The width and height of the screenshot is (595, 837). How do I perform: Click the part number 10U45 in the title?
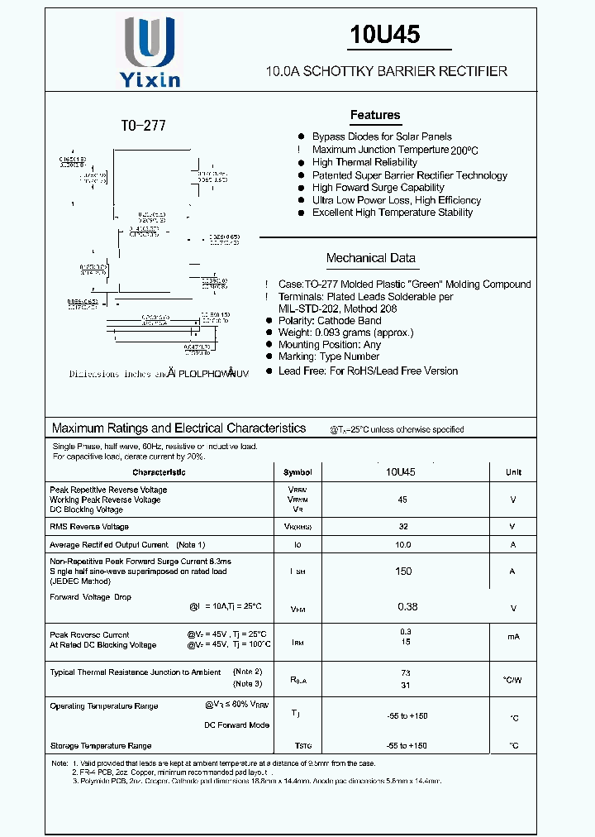coord(384,35)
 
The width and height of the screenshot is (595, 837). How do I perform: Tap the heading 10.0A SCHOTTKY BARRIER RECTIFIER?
coord(386,72)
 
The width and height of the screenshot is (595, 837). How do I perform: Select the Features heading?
coord(374,115)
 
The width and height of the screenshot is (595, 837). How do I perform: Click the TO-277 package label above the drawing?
coord(144,126)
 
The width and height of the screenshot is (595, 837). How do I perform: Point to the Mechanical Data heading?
coord(370,258)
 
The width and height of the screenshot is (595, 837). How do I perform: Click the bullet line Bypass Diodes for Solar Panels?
coord(381,136)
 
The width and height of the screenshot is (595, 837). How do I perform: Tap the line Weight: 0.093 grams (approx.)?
coord(357,332)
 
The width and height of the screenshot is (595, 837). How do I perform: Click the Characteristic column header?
coord(159,472)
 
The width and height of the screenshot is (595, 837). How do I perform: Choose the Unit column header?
coord(513,472)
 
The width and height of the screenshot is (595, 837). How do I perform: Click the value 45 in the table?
coord(402,500)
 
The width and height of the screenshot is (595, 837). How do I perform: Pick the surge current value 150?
coord(402,572)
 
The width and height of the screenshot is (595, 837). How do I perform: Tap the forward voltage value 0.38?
coord(407,607)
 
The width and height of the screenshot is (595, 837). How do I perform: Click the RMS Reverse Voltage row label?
coord(89,527)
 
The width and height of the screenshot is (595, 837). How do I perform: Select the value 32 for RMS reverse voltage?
coord(402,527)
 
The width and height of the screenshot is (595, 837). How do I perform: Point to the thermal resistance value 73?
coord(406,674)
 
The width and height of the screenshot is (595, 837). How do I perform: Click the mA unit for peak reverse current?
coord(513,638)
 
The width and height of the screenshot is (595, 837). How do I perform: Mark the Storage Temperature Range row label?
coord(101,746)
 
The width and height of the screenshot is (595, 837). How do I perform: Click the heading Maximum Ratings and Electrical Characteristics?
coord(178,428)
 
